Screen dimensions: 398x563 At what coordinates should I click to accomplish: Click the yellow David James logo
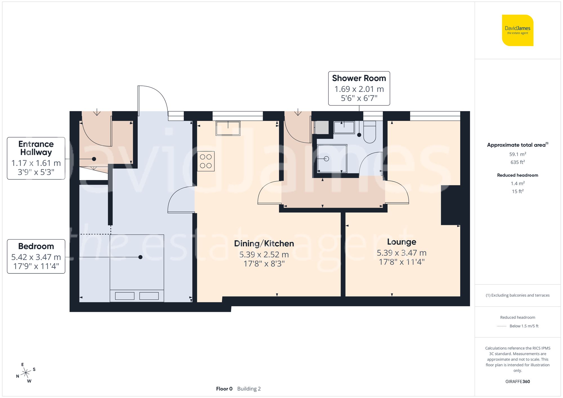[517, 30]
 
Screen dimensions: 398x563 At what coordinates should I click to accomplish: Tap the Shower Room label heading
[359, 78]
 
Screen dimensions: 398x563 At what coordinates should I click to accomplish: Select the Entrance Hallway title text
[36, 148]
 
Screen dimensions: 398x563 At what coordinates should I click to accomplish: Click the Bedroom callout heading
[36, 246]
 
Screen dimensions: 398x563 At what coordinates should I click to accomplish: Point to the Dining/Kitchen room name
[264, 243]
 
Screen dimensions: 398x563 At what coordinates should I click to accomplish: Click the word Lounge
[401, 242]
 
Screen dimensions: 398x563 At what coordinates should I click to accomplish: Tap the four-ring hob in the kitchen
[206, 161]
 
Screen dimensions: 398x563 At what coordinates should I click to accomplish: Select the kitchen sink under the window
[228, 128]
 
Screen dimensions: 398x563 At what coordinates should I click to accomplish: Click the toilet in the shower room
[370, 132]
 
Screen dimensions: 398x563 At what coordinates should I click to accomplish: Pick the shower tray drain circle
[326, 159]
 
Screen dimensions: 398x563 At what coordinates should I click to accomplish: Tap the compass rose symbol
[26, 373]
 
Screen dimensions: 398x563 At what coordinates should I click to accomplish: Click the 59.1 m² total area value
[517, 154]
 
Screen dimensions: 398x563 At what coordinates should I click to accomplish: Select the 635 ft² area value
[517, 162]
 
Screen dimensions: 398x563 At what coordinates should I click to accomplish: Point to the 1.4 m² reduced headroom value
[517, 183]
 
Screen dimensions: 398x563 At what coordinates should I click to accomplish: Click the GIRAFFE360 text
[517, 381]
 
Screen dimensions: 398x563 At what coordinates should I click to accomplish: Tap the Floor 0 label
[224, 389]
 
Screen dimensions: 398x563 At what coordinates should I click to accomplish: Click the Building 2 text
[249, 389]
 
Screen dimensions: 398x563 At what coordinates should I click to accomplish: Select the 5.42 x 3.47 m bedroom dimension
[36, 257]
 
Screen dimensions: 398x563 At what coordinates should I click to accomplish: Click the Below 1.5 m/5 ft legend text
[524, 326]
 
